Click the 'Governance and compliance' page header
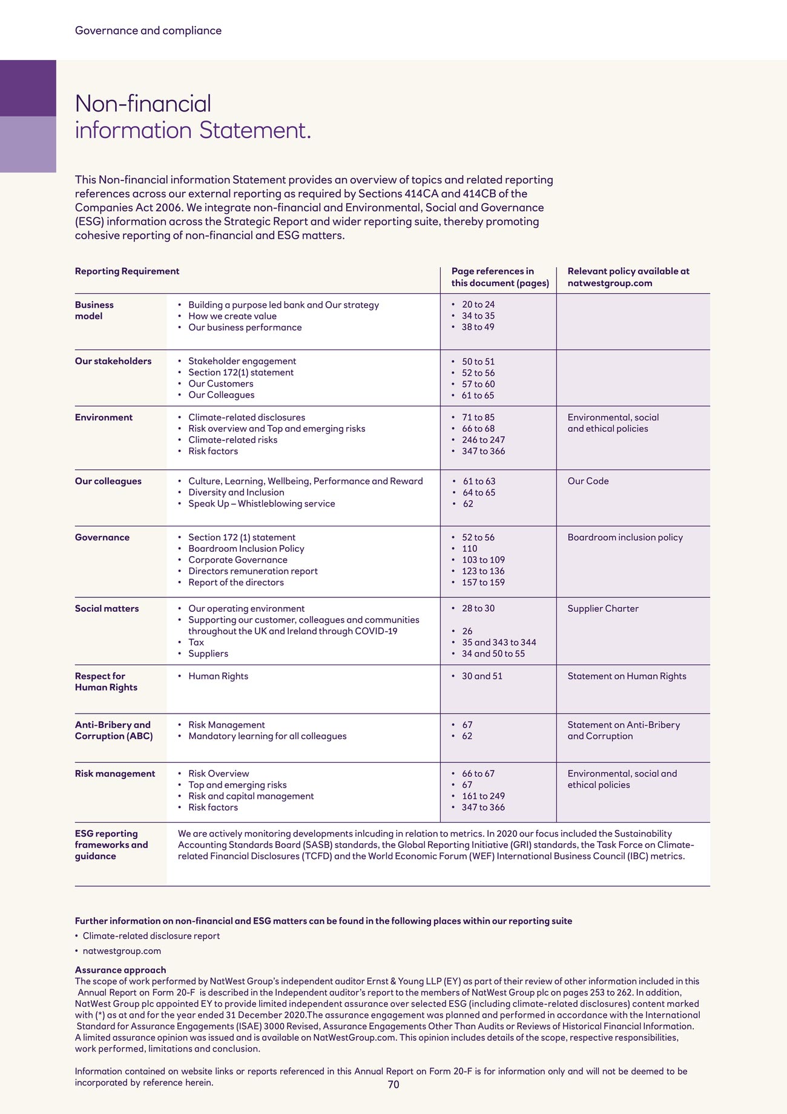148,31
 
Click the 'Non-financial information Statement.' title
193,117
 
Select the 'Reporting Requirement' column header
127,271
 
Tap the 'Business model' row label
94,310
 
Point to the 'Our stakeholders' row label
113,361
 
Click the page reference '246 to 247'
483,440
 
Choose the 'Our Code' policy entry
588,481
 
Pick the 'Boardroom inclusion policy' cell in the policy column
625,537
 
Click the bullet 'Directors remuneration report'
252,571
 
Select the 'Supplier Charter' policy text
603,608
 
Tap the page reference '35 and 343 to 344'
499,642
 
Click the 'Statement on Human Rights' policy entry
627,676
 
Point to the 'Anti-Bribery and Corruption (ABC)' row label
114,731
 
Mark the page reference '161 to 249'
483,796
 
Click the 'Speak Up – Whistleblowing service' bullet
262,503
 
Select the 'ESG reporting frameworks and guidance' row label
111,845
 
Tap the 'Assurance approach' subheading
120,970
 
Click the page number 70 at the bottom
393,1084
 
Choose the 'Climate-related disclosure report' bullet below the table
151,936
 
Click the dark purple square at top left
28,88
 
